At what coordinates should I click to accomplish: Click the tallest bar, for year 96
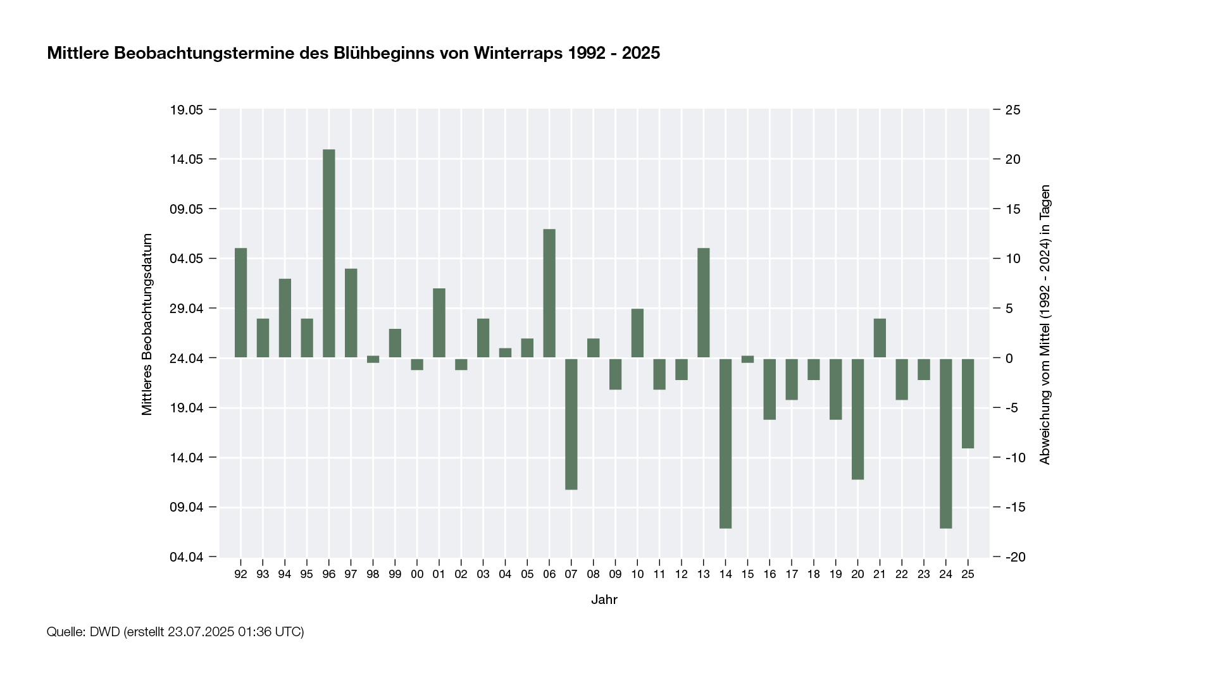329,253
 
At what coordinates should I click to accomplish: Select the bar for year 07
571,424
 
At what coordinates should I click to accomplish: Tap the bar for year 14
725,443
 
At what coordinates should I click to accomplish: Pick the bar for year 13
704,302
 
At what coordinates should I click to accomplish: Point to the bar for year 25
968,403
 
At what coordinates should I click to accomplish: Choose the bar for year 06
549,293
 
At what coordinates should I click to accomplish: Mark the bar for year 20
857,419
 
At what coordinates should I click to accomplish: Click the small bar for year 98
373,359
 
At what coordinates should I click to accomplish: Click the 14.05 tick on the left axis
186,159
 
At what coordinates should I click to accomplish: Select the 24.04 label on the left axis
186,359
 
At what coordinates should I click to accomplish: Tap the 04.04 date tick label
186,557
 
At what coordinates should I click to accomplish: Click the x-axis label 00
417,574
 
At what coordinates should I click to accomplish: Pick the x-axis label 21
880,574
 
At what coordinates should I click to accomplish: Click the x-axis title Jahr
604,600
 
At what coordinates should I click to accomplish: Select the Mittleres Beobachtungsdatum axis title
147,324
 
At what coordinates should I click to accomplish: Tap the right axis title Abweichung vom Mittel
1045,324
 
